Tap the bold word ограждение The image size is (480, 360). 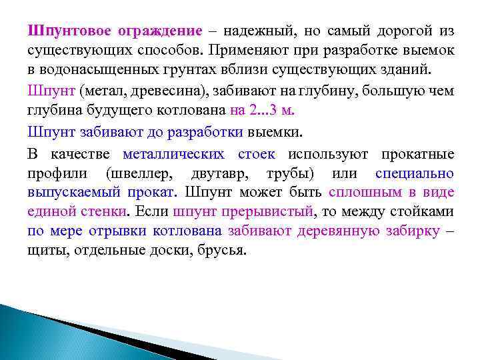(161, 31)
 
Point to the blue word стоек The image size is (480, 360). (256, 155)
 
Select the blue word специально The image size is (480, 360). (415, 174)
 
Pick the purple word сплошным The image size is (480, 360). (365, 193)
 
